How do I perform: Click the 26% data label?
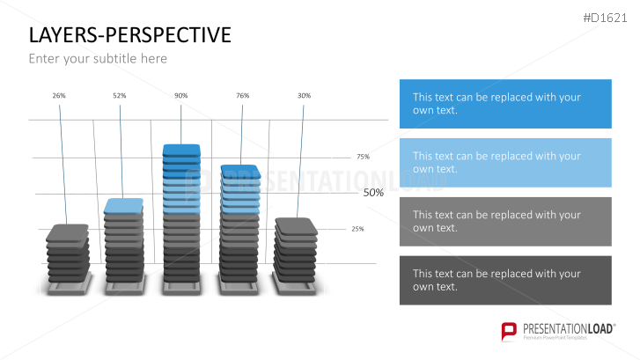coord(59,96)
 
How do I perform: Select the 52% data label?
coord(120,96)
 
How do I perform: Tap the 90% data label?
coord(180,96)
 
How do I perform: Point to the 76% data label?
coord(242,96)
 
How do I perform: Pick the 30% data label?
coord(304,96)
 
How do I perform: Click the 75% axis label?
coord(363,157)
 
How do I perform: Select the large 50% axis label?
coord(373,193)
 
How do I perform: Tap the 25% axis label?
coord(357,229)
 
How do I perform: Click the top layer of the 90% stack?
coord(181,151)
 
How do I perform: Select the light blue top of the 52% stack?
coord(123,206)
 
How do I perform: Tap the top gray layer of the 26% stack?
coord(68,232)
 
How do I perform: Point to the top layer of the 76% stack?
coord(241,172)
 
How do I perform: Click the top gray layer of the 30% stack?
coord(296,226)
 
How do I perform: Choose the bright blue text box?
coord(505,104)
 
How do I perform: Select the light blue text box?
coord(505,163)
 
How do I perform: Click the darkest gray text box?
coord(505,280)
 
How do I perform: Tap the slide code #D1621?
coord(605,18)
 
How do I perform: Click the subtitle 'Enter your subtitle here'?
coord(98,59)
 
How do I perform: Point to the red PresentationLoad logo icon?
coord(509,331)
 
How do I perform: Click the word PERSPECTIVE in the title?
coord(168,34)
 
